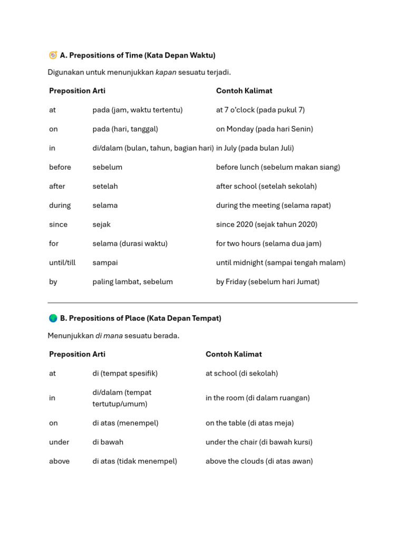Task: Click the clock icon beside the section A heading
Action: point(53,55)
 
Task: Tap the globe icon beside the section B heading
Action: point(53,319)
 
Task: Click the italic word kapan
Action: point(166,72)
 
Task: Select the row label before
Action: point(60,167)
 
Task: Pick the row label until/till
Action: point(62,263)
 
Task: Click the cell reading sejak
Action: point(101,225)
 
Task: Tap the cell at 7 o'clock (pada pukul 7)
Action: point(260,110)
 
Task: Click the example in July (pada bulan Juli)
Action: point(255,148)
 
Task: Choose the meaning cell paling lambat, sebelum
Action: point(132,282)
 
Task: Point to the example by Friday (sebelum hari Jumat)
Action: point(267,282)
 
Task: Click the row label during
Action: point(60,206)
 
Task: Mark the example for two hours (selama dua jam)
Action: point(268,244)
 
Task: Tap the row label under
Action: point(59,442)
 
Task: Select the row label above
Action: point(59,461)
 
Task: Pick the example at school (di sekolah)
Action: point(242,373)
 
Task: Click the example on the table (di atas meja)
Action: point(249,423)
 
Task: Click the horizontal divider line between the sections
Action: point(202,303)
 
